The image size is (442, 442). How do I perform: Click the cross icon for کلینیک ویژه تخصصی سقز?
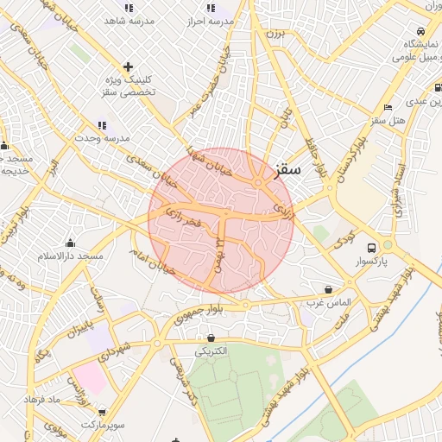coord(128,66)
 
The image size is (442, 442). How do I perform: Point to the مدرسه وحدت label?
coord(102,138)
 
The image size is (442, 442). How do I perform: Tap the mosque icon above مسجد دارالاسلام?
coord(70,243)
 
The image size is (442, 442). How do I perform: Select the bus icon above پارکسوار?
coord(371,245)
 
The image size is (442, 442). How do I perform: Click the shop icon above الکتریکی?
coord(211,338)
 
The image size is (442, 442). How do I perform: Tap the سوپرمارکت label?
coord(104,426)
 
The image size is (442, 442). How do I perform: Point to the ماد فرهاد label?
coord(63,400)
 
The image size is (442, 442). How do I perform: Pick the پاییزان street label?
coord(79,327)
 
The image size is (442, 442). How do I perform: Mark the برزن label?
coord(274,34)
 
